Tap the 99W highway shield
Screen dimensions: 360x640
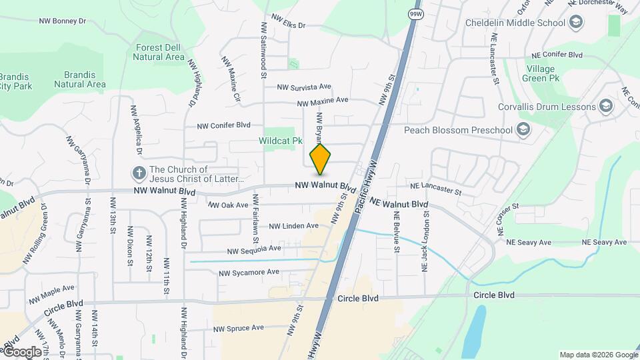point(415,14)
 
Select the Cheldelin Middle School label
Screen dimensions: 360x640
point(515,23)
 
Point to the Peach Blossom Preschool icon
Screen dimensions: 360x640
point(523,129)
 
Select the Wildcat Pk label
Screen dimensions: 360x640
point(281,141)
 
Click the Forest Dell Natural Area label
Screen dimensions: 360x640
point(159,52)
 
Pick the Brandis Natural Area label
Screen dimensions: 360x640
point(79,79)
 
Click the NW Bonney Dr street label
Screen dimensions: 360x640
point(63,21)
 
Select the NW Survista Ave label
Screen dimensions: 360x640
point(304,87)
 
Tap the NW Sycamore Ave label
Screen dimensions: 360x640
point(249,272)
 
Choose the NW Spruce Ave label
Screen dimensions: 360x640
point(239,328)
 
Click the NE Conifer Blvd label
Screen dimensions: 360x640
point(557,55)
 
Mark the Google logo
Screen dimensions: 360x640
point(22,351)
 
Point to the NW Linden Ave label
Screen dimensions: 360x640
point(293,227)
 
